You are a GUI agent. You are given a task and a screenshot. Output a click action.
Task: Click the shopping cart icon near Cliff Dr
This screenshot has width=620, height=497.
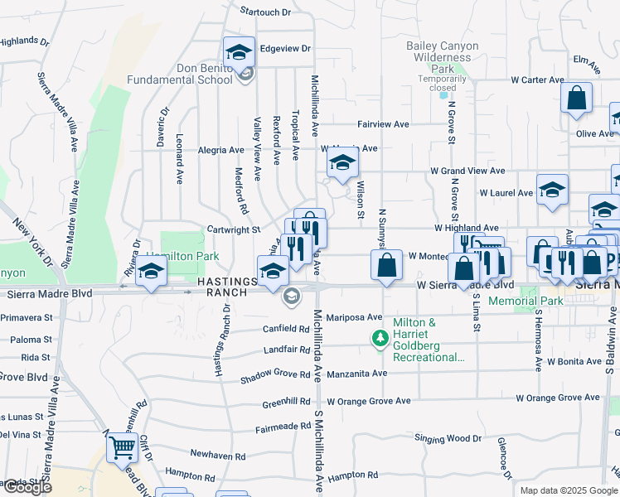(x=122, y=447)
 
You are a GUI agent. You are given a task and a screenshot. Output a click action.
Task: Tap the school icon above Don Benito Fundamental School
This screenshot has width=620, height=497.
(x=238, y=51)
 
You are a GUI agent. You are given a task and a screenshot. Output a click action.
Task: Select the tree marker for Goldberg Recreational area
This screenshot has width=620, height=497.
(x=380, y=338)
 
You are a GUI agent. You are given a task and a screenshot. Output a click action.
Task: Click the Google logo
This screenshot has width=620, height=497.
(x=27, y=487)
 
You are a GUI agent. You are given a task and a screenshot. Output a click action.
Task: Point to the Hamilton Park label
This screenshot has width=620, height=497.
(x=182, y=256)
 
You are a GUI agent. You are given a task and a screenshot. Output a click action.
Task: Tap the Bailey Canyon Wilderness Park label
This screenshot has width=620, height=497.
(x=443, y=57)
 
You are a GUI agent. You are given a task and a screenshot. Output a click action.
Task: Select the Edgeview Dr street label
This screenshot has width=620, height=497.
(x=284, y=49)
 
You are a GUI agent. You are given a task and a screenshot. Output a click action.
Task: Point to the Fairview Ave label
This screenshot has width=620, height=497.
(x=383, y=124)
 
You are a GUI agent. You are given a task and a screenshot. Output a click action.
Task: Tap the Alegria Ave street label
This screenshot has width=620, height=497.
(x=221, y=150)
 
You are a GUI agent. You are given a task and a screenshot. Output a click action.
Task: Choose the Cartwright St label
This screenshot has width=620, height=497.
(x=234, y=229)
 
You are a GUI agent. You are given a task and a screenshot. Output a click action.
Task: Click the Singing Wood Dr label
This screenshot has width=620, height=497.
(x=448, y=438)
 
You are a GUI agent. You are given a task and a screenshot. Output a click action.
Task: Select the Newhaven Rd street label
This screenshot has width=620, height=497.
(x=217, y=456)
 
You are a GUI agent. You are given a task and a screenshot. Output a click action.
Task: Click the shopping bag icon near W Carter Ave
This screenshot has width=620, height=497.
(x=576, y=98)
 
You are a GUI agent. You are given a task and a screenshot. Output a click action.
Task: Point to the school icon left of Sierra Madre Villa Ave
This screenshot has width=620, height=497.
(x=151, y=272)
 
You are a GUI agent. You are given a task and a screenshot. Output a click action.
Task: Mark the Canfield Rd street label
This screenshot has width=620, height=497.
(x=287, y=329)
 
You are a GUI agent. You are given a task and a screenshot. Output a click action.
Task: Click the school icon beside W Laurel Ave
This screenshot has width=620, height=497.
(x=552, y=190)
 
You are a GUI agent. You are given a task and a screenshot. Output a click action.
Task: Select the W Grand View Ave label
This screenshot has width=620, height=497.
(x=467, y=171)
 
